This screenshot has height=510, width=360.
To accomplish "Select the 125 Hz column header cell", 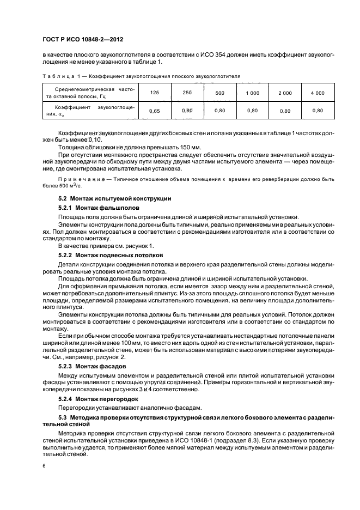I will [154, 93].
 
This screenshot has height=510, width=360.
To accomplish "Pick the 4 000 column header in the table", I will [318, 93].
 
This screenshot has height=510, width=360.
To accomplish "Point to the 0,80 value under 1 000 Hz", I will [252, 111].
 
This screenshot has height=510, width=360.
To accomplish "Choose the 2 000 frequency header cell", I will [285, 93].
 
